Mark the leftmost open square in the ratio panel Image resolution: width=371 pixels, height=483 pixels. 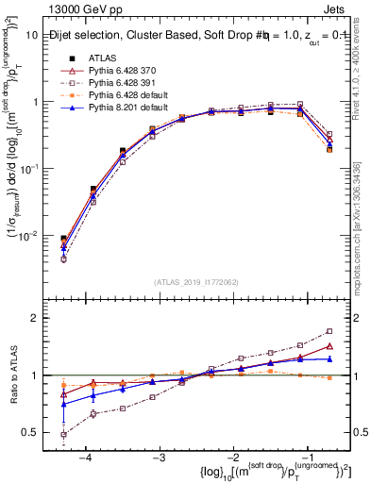(x=63, y=435)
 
